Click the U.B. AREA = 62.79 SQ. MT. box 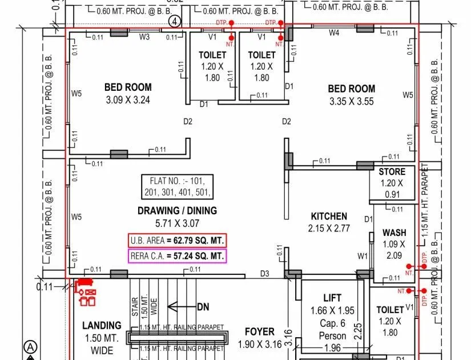tap(177, 240)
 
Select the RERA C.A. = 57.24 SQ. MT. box tap(177, 256)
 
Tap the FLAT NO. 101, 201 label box tap(177, 186)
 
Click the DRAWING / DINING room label tap(177, 210)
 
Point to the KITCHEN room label tap(328, 216)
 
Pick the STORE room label tap(392, 171)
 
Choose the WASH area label tap(394, 233)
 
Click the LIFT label tap(332, 298)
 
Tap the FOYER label tap(260, 331)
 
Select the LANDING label tap(102, 325)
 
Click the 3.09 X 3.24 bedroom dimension tap(128, 100)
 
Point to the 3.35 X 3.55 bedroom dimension tap(351, 101)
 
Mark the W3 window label tap(144, 38)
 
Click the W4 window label tap(334, 33)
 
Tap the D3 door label tap(264, 274)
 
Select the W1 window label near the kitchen tap(363, 256)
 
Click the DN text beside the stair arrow tap(203, 307)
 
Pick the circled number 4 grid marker tap(175, 21)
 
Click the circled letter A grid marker tap(30, 346)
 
